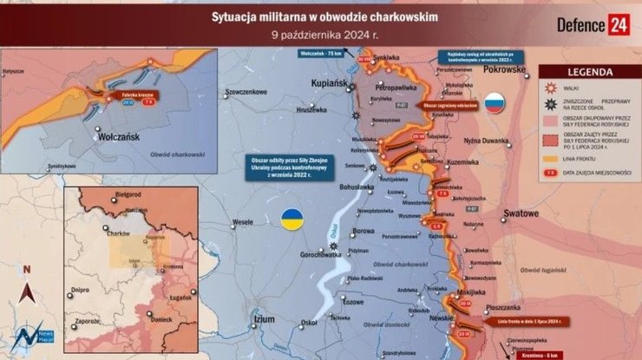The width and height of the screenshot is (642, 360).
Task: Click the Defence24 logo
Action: coord(593,23)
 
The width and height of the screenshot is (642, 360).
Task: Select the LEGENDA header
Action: coord(586,71)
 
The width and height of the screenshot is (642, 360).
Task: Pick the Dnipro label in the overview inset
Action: coord(79,290)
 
